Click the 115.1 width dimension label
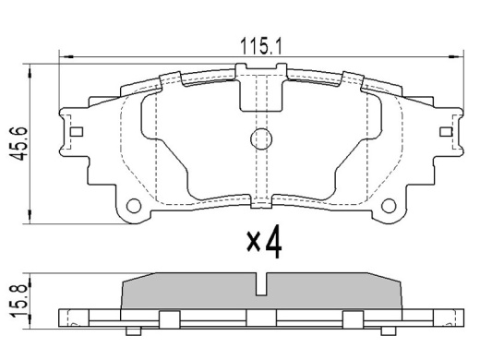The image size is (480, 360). coord(260,46)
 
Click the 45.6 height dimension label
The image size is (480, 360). coord(18,143)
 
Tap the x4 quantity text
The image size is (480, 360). coord(264,242)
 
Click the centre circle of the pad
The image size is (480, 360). coord(261,139)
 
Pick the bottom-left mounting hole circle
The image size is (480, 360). coord(134,206)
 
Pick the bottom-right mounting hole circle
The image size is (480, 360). coord(389,206)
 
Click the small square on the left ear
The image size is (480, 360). coord(77,132)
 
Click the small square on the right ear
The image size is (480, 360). coord(446,132)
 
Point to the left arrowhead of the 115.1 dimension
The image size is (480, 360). coord(66,57)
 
